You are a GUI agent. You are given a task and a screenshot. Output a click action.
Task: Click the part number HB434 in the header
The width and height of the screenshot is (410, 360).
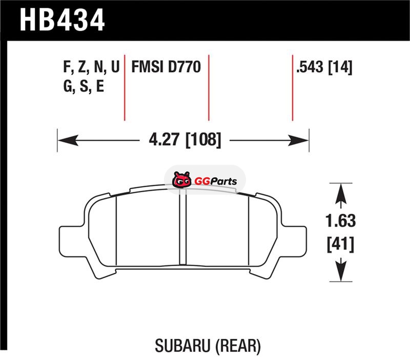click(62, 20)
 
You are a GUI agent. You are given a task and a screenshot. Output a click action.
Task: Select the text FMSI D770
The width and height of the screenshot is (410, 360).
click(166, 67)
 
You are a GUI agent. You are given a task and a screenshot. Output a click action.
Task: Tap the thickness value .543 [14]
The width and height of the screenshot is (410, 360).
click(324, 67)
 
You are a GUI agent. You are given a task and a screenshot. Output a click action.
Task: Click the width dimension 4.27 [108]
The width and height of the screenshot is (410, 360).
click(185, 140)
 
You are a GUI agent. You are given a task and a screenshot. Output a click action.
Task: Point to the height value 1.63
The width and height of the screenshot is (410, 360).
click(340, 221)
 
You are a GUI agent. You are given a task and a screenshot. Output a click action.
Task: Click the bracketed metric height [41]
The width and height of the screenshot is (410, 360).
click(340, 245)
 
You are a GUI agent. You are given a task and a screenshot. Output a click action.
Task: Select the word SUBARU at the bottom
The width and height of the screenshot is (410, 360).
click(182, 346)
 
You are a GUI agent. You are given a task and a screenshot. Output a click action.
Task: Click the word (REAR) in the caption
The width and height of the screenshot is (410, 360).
click(238, 346)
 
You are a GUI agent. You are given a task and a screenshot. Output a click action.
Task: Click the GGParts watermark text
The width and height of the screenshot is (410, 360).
click(216, 181)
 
